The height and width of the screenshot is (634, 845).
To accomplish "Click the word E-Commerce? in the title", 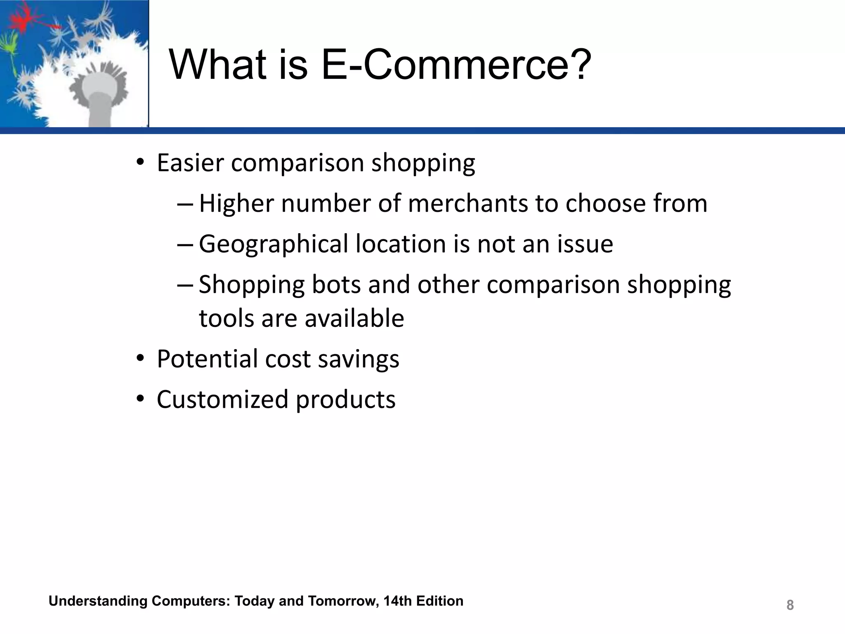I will (456, 65).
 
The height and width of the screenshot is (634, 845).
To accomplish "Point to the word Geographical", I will (274, 244).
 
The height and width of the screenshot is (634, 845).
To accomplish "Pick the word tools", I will (227, 318).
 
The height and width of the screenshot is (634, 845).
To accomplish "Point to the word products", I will (346, 400).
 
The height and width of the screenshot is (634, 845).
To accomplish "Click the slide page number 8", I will (790, 605).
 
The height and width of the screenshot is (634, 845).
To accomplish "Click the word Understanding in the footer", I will (98, 601).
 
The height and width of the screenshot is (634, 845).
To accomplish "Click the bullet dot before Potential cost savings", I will (140, 359).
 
